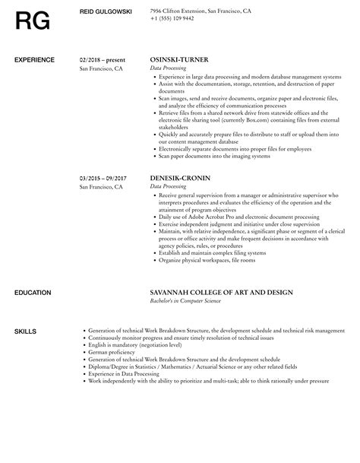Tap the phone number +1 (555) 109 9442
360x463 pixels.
point(173,19)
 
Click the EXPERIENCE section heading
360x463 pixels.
point(35,59)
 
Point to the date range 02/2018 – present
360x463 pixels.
point(104,59)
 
